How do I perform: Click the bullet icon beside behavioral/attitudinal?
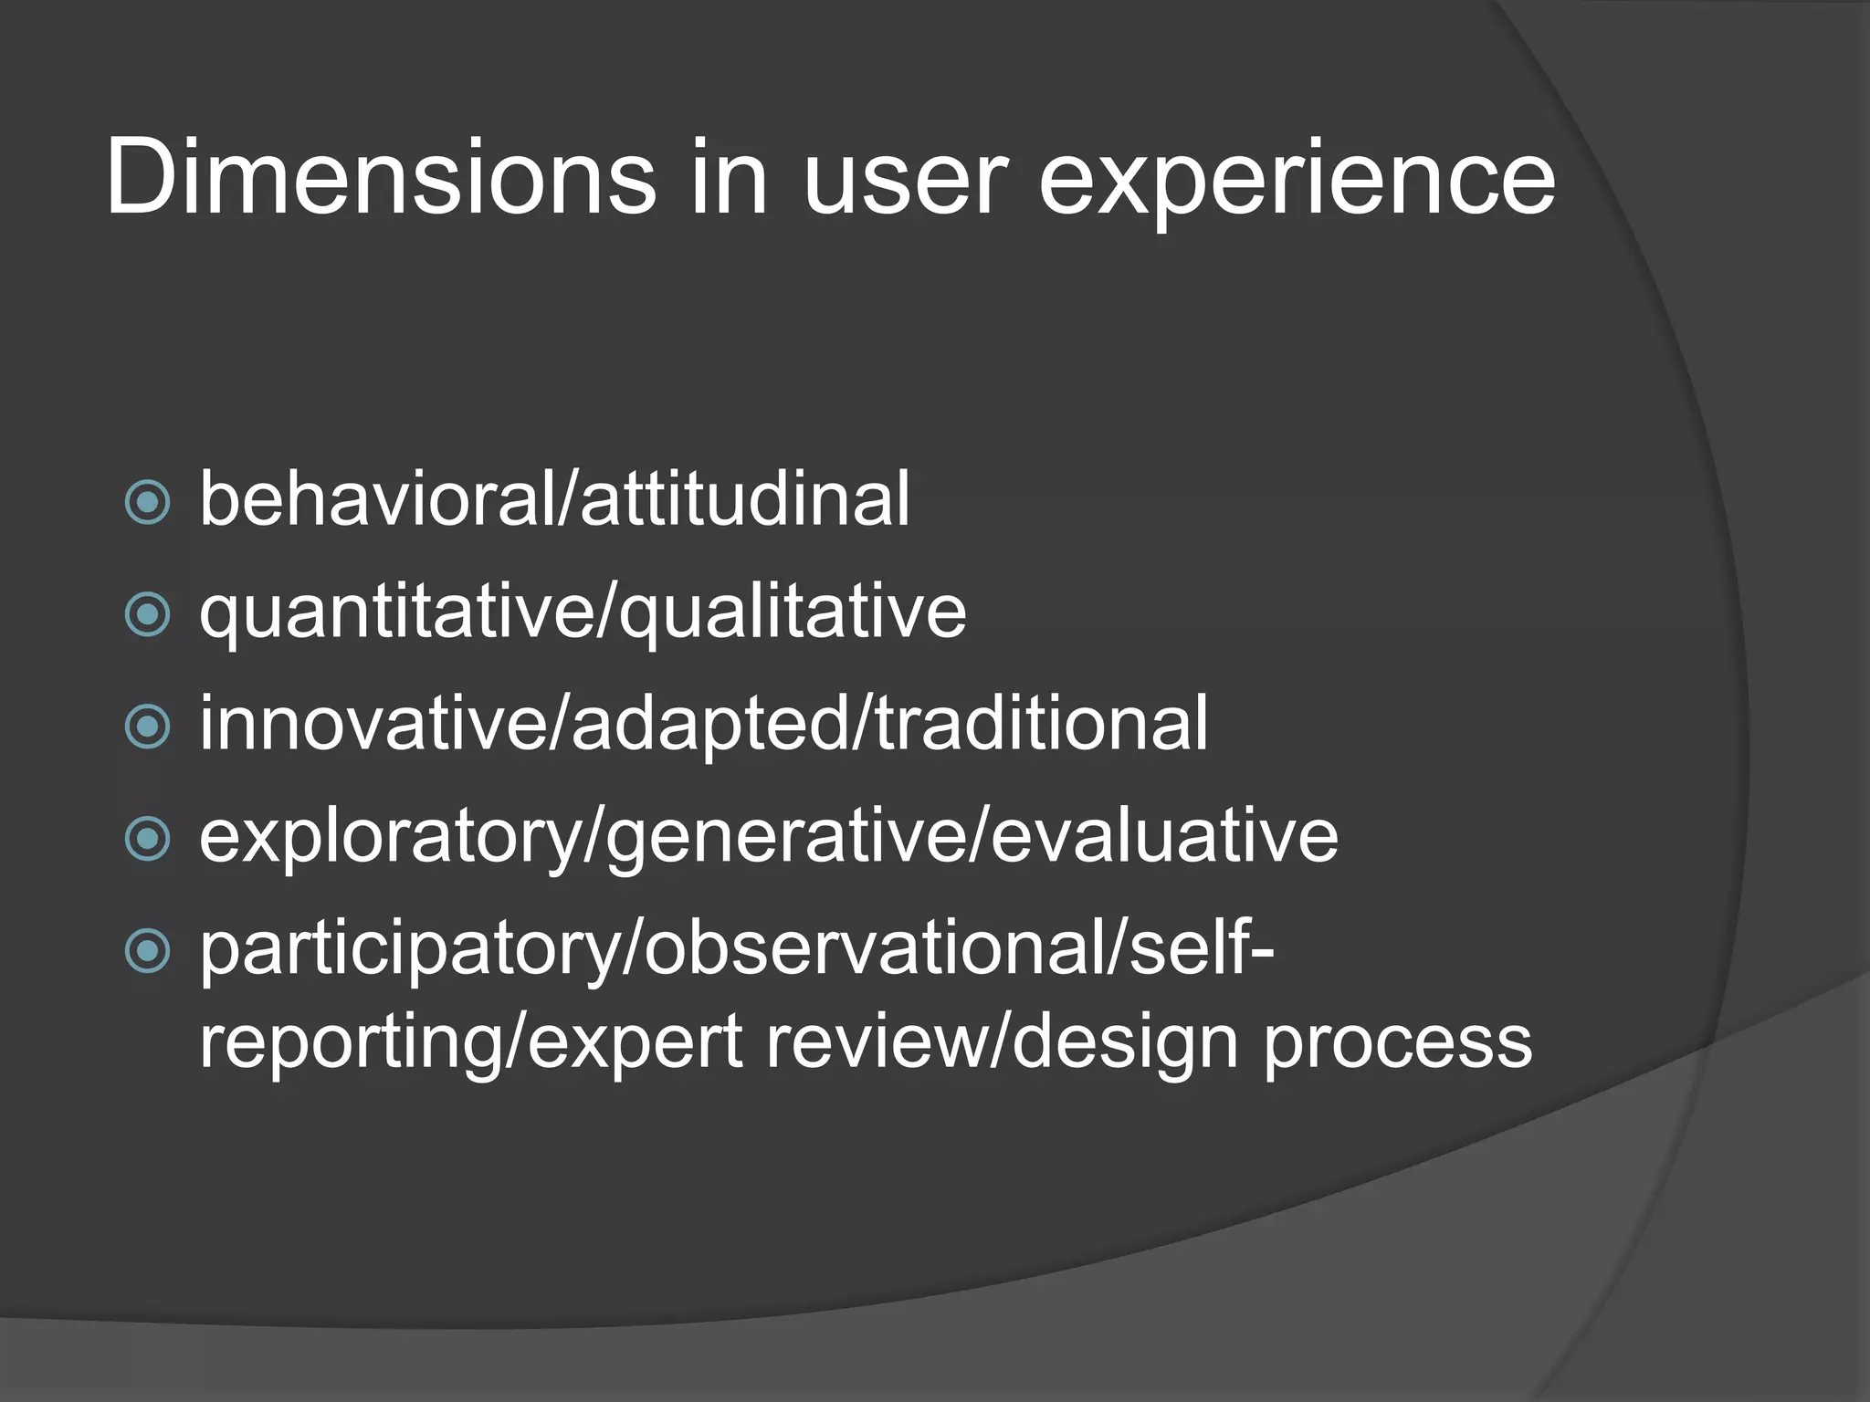click(x=147, y=502)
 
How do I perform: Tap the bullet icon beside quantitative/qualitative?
click(x=147, y=614)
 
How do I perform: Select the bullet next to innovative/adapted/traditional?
click(x=147, y=727)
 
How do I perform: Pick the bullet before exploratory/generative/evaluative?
click(x=147, y=839)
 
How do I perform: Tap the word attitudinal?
click(x=745, y=499)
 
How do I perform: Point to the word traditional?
click(x=1041, y=724)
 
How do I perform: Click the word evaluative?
click(x=1165, y=836)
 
